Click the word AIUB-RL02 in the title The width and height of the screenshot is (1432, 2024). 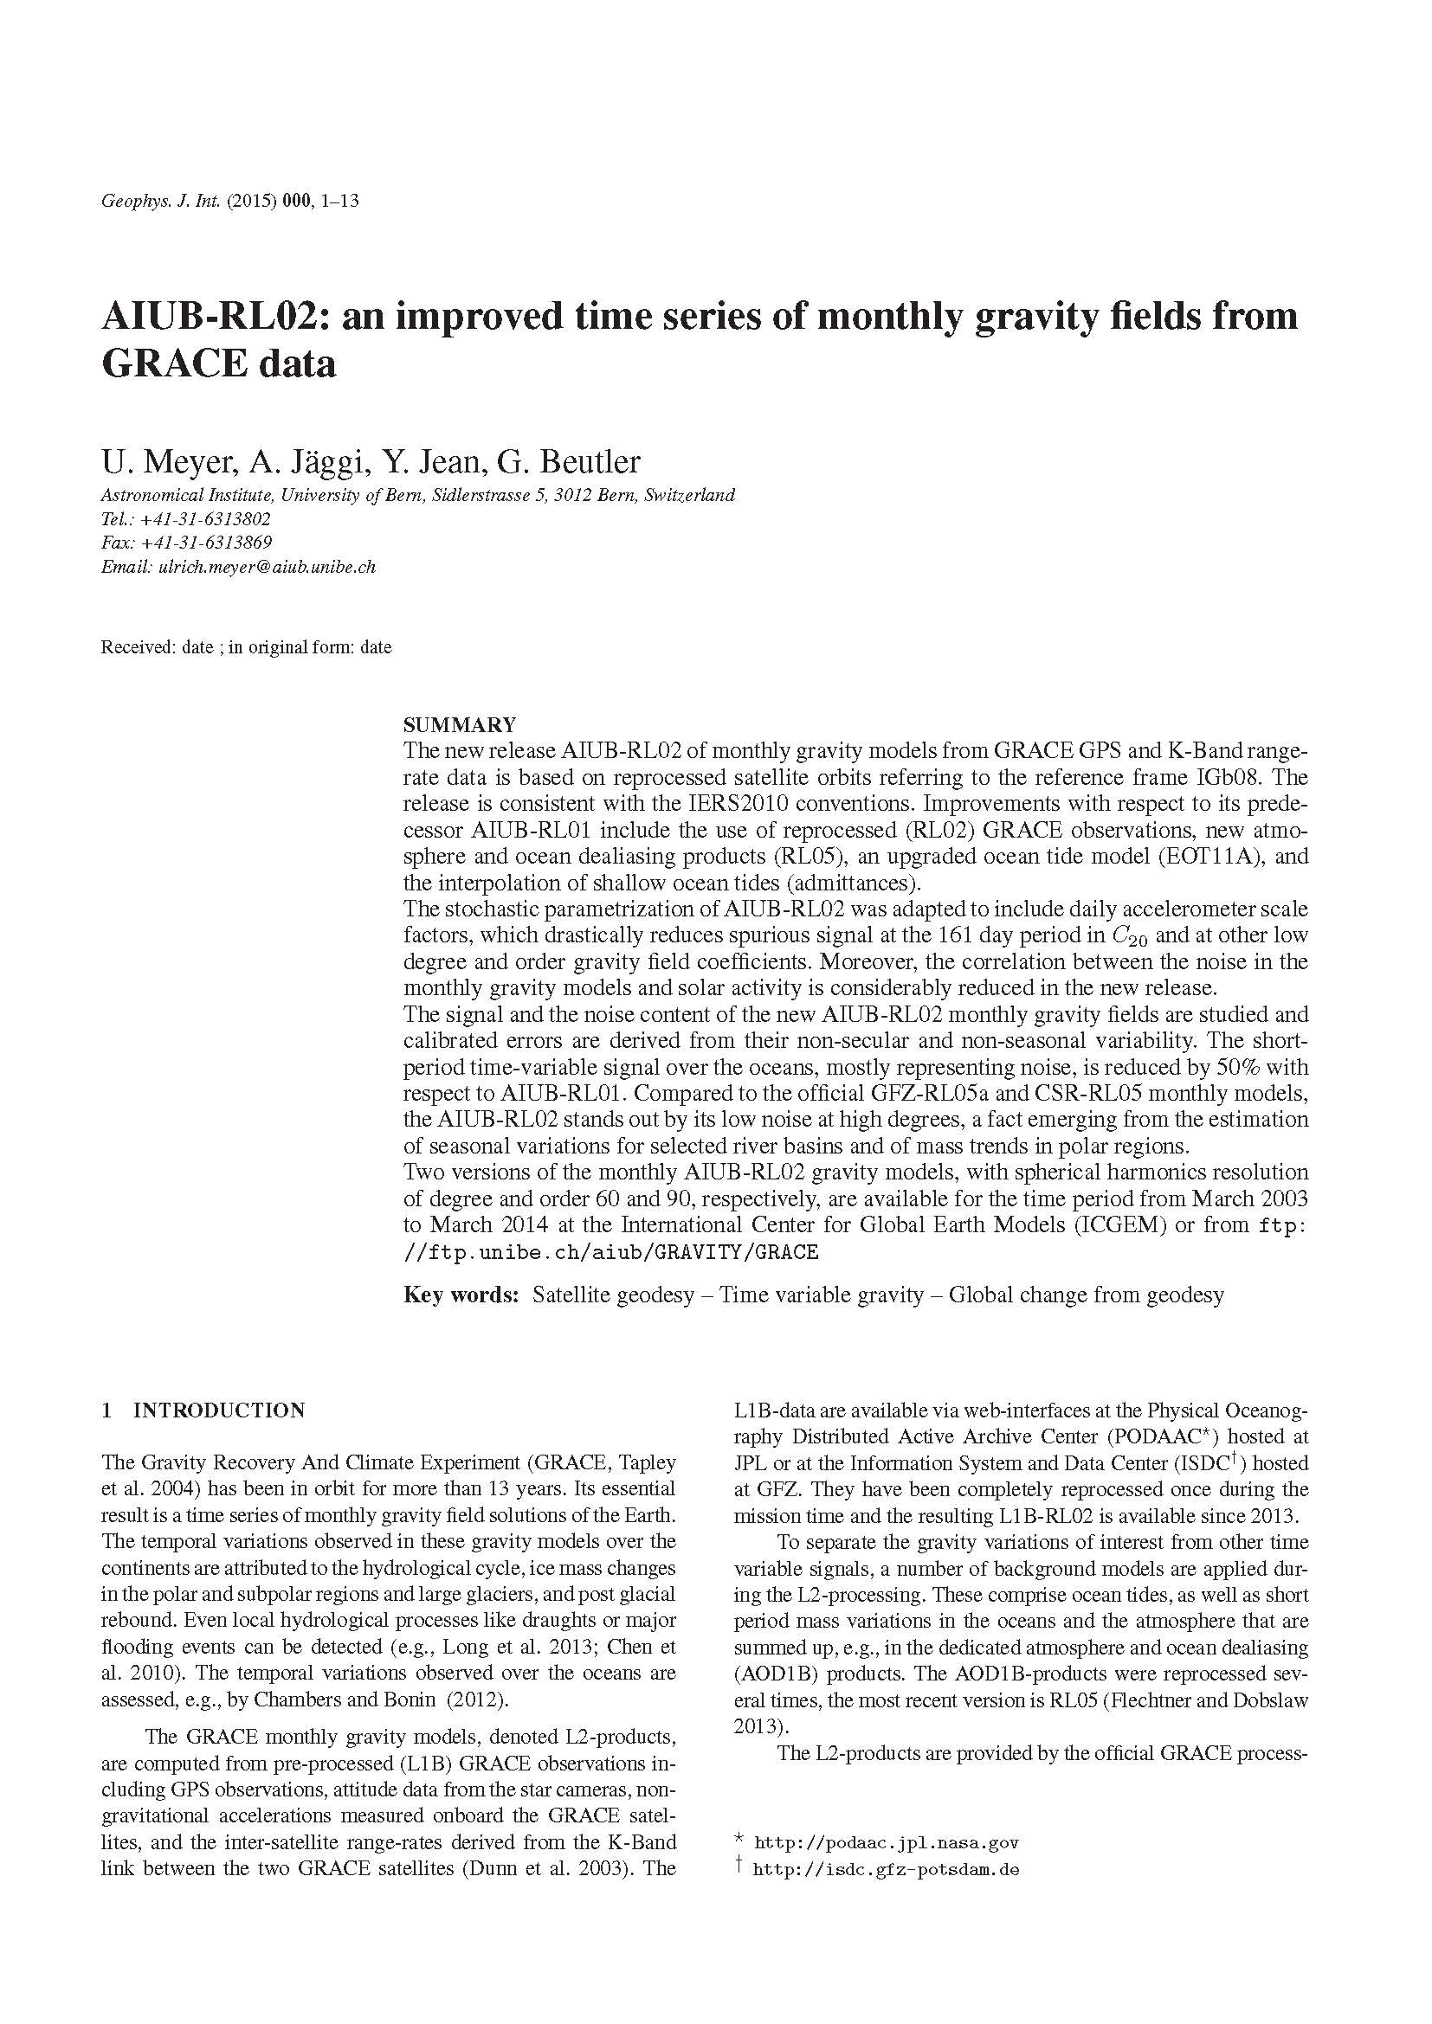208,317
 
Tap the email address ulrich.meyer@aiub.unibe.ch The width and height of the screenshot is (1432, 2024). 267,567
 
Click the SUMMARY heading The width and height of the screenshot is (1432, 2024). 460,725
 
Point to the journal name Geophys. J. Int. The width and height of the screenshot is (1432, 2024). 160,201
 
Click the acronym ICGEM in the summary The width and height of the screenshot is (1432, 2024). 1126,1224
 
